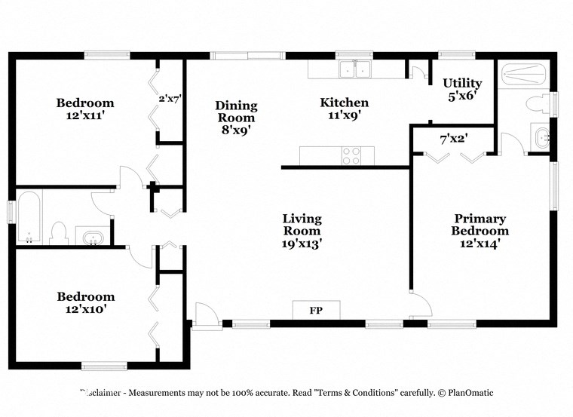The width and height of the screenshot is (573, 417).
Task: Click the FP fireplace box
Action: (316, 310)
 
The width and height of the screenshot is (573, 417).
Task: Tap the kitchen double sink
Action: (354, 69)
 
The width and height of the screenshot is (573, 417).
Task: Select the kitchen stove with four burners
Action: (351, 156)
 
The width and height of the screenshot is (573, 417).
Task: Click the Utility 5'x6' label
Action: (462, 90)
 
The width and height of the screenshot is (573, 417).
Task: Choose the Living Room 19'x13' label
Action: (302, 231)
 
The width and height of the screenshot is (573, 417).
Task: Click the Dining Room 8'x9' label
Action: (236, 117)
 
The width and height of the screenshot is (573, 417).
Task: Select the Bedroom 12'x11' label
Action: (85, 109)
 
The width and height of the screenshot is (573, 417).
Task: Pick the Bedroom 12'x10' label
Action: (86, 302)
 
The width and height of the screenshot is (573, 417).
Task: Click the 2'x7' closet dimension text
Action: (170, 98)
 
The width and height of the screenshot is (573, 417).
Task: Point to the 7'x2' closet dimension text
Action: (453, 139)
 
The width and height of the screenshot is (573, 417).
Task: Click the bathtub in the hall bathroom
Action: (29, 218)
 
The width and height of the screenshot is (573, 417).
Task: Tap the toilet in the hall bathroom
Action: (60, 232)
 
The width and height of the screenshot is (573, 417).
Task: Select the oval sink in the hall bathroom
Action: (92, 238)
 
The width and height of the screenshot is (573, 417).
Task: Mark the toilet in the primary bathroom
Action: (538, 103)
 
